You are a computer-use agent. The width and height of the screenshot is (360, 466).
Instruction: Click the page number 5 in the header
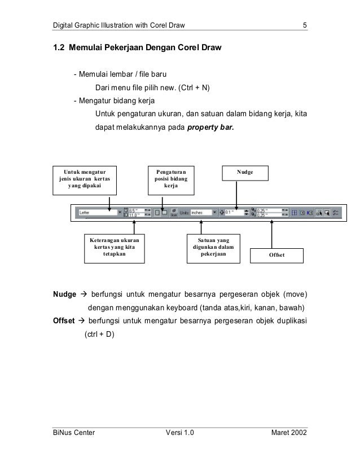[304, 25]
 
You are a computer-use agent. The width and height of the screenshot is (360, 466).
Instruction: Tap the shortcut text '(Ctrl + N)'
[197, 88]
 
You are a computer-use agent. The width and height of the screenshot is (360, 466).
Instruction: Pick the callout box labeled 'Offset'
[276, 256]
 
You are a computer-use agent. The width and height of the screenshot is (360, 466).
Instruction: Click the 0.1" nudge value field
[232, 213]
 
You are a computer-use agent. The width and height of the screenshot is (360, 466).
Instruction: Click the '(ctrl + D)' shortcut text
[99, 335]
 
